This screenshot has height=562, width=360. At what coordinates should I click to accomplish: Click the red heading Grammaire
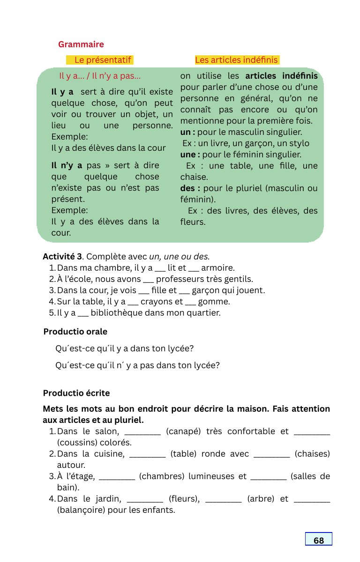[81, 44]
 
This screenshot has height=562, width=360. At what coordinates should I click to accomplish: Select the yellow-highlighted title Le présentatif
[104, 60]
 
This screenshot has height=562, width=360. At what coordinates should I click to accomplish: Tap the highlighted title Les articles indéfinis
[236, 60]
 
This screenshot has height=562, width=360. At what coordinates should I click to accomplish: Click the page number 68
[319, 540]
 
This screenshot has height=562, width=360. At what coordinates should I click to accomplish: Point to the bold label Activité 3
[62, 257]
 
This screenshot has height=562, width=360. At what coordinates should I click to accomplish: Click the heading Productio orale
[75, 332]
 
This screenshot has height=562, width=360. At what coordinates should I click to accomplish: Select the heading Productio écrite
[76, 393]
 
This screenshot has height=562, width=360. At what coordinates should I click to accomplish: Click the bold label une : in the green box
[190, 155]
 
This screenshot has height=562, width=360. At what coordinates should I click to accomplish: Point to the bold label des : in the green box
[190, 188]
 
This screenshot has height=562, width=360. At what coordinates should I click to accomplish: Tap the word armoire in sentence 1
[217, 268]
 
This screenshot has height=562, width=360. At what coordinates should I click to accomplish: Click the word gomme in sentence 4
[217, 302]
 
